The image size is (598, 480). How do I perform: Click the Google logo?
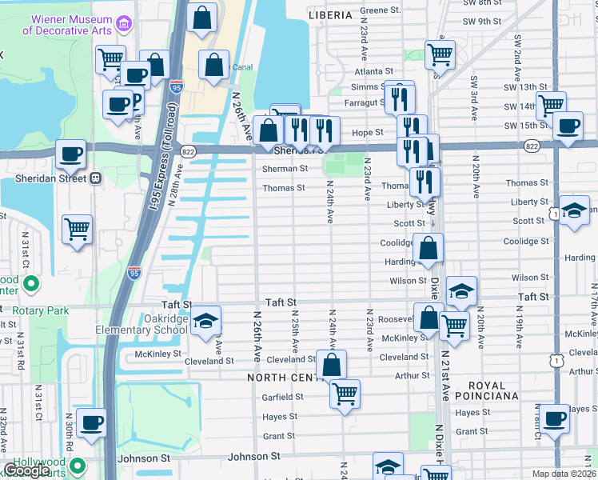[x=27, y=470]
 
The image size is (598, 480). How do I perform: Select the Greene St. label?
[x=380, y=10]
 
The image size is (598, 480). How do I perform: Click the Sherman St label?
[x=285, y=169]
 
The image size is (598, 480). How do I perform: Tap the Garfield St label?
[x=282, y=397]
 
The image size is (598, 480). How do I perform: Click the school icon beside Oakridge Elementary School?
[x=205, y=321]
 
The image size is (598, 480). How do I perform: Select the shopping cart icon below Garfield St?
[x=345, y=393]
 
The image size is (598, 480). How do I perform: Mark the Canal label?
[x=242, y=67]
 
